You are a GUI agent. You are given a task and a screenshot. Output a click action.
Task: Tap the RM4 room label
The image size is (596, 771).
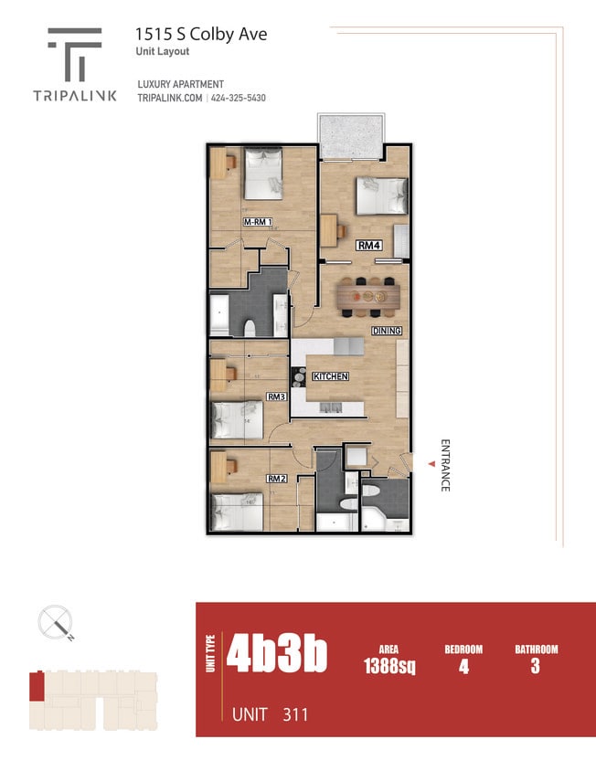[368, 245]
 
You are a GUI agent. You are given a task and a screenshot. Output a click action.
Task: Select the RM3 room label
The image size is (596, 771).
[277, 396]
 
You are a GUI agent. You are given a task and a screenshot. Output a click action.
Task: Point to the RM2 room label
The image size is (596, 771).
[277, 478]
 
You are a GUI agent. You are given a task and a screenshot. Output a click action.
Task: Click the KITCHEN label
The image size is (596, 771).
[329, 376]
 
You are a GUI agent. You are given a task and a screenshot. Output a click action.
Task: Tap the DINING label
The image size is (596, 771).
[387, 330]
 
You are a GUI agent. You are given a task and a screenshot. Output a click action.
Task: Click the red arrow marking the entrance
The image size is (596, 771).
[430, 466]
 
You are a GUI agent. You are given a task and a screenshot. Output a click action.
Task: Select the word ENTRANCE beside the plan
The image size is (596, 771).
[445, 466]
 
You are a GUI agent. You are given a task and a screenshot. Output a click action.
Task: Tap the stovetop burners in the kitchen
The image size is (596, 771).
[299, 375]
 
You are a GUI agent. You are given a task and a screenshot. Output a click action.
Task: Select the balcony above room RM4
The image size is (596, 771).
[349, 136]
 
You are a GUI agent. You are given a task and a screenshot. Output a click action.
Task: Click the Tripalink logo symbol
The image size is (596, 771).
[75, 53]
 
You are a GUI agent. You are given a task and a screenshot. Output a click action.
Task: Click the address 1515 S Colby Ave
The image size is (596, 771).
[201, 34]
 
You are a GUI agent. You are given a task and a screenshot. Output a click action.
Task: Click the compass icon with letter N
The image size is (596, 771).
[55, 623]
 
